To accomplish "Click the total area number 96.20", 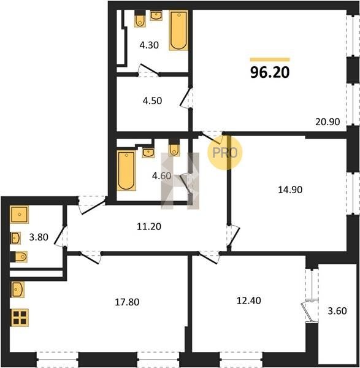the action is point(270,72).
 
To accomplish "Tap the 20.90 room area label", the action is point(327,122).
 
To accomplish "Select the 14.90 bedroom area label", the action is point(290,190).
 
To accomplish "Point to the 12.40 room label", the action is point(249,301).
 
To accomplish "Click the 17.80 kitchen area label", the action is point(127,302).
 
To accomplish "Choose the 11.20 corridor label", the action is point(149,226).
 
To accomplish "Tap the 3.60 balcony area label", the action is point(337,311).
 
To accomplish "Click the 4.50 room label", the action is point(152,101).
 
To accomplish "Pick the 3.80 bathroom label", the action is point(39,237).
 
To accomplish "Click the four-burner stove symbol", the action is point(20,318).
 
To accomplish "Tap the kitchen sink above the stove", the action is point(18,289).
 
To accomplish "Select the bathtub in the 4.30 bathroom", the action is point(178,30).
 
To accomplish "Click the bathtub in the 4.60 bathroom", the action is point(126,171).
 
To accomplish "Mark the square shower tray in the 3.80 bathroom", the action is point(19,215).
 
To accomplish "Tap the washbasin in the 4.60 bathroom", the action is point(148,153).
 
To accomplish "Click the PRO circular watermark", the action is point(224,153).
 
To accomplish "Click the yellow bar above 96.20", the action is point(270,59).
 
